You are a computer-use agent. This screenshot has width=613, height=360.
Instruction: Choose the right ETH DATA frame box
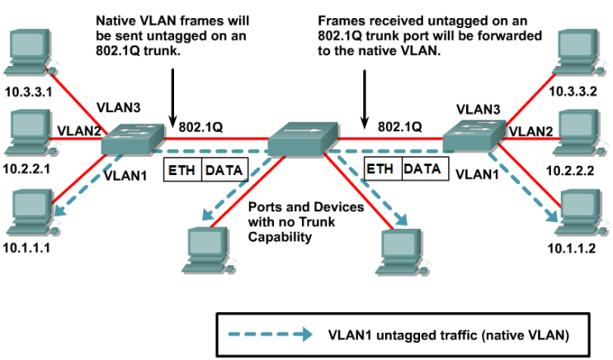pos(404,169)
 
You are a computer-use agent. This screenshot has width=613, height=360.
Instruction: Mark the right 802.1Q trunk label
pos(399,128)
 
